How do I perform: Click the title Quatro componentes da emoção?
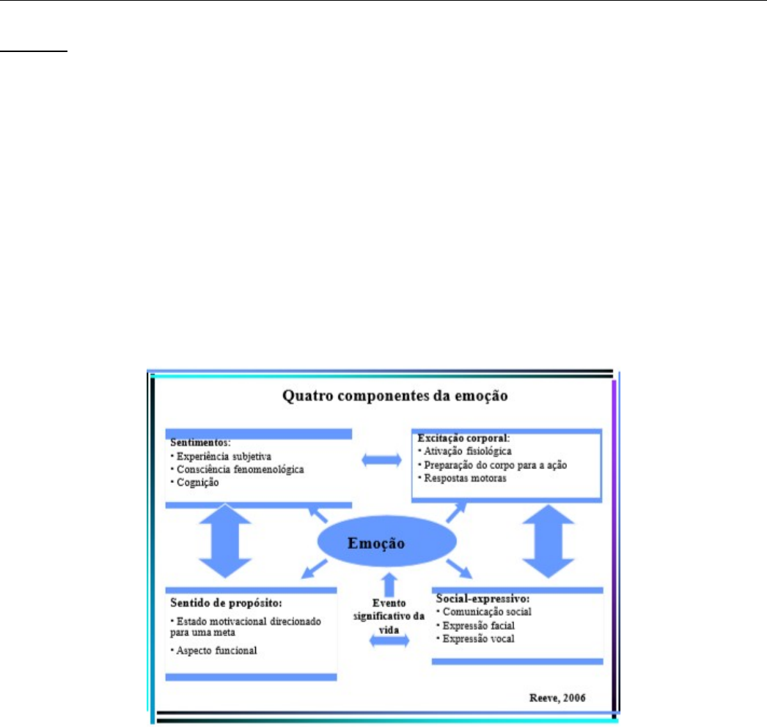394,396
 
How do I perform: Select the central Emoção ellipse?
387,542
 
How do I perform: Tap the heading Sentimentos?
200,443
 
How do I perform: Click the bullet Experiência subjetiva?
221,457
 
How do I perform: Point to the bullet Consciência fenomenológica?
237,469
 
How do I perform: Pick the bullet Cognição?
194,482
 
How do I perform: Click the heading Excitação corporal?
463,438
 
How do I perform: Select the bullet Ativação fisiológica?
464,451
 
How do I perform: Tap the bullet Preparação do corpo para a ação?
492,465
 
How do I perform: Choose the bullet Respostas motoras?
462,478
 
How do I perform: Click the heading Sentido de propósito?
226,603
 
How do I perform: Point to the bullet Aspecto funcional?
213,651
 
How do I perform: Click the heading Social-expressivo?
482,599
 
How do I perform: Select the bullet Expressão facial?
475,626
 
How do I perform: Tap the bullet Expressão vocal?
475,639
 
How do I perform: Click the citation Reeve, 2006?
557,698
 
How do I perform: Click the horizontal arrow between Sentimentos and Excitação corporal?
381,460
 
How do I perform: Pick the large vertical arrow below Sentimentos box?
225,541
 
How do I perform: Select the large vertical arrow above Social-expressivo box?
548,541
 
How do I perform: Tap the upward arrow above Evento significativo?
389,584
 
